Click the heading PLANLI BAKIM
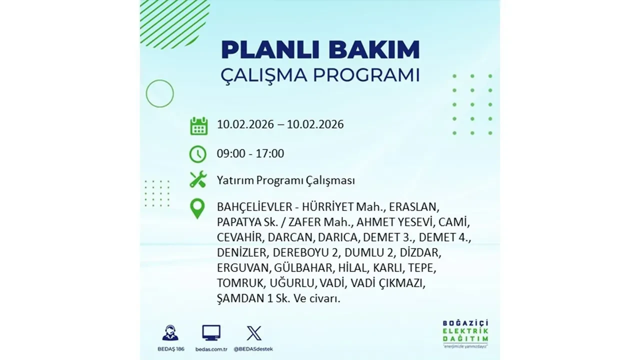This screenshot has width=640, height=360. tap(320, 50)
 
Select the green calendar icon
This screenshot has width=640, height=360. tap(198, 125)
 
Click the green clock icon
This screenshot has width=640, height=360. tap(198, 154)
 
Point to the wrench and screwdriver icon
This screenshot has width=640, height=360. tap(198, 179)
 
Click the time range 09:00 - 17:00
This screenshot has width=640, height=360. tap(250, 153)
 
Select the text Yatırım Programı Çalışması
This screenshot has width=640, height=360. tap(285, 180)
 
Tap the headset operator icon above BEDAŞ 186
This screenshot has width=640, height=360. tap(170, 333)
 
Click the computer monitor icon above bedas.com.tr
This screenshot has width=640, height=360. tap(211, 332)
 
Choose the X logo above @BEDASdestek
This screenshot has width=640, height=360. tap(253, 333)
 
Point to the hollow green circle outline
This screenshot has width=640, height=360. tap(159, 93)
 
